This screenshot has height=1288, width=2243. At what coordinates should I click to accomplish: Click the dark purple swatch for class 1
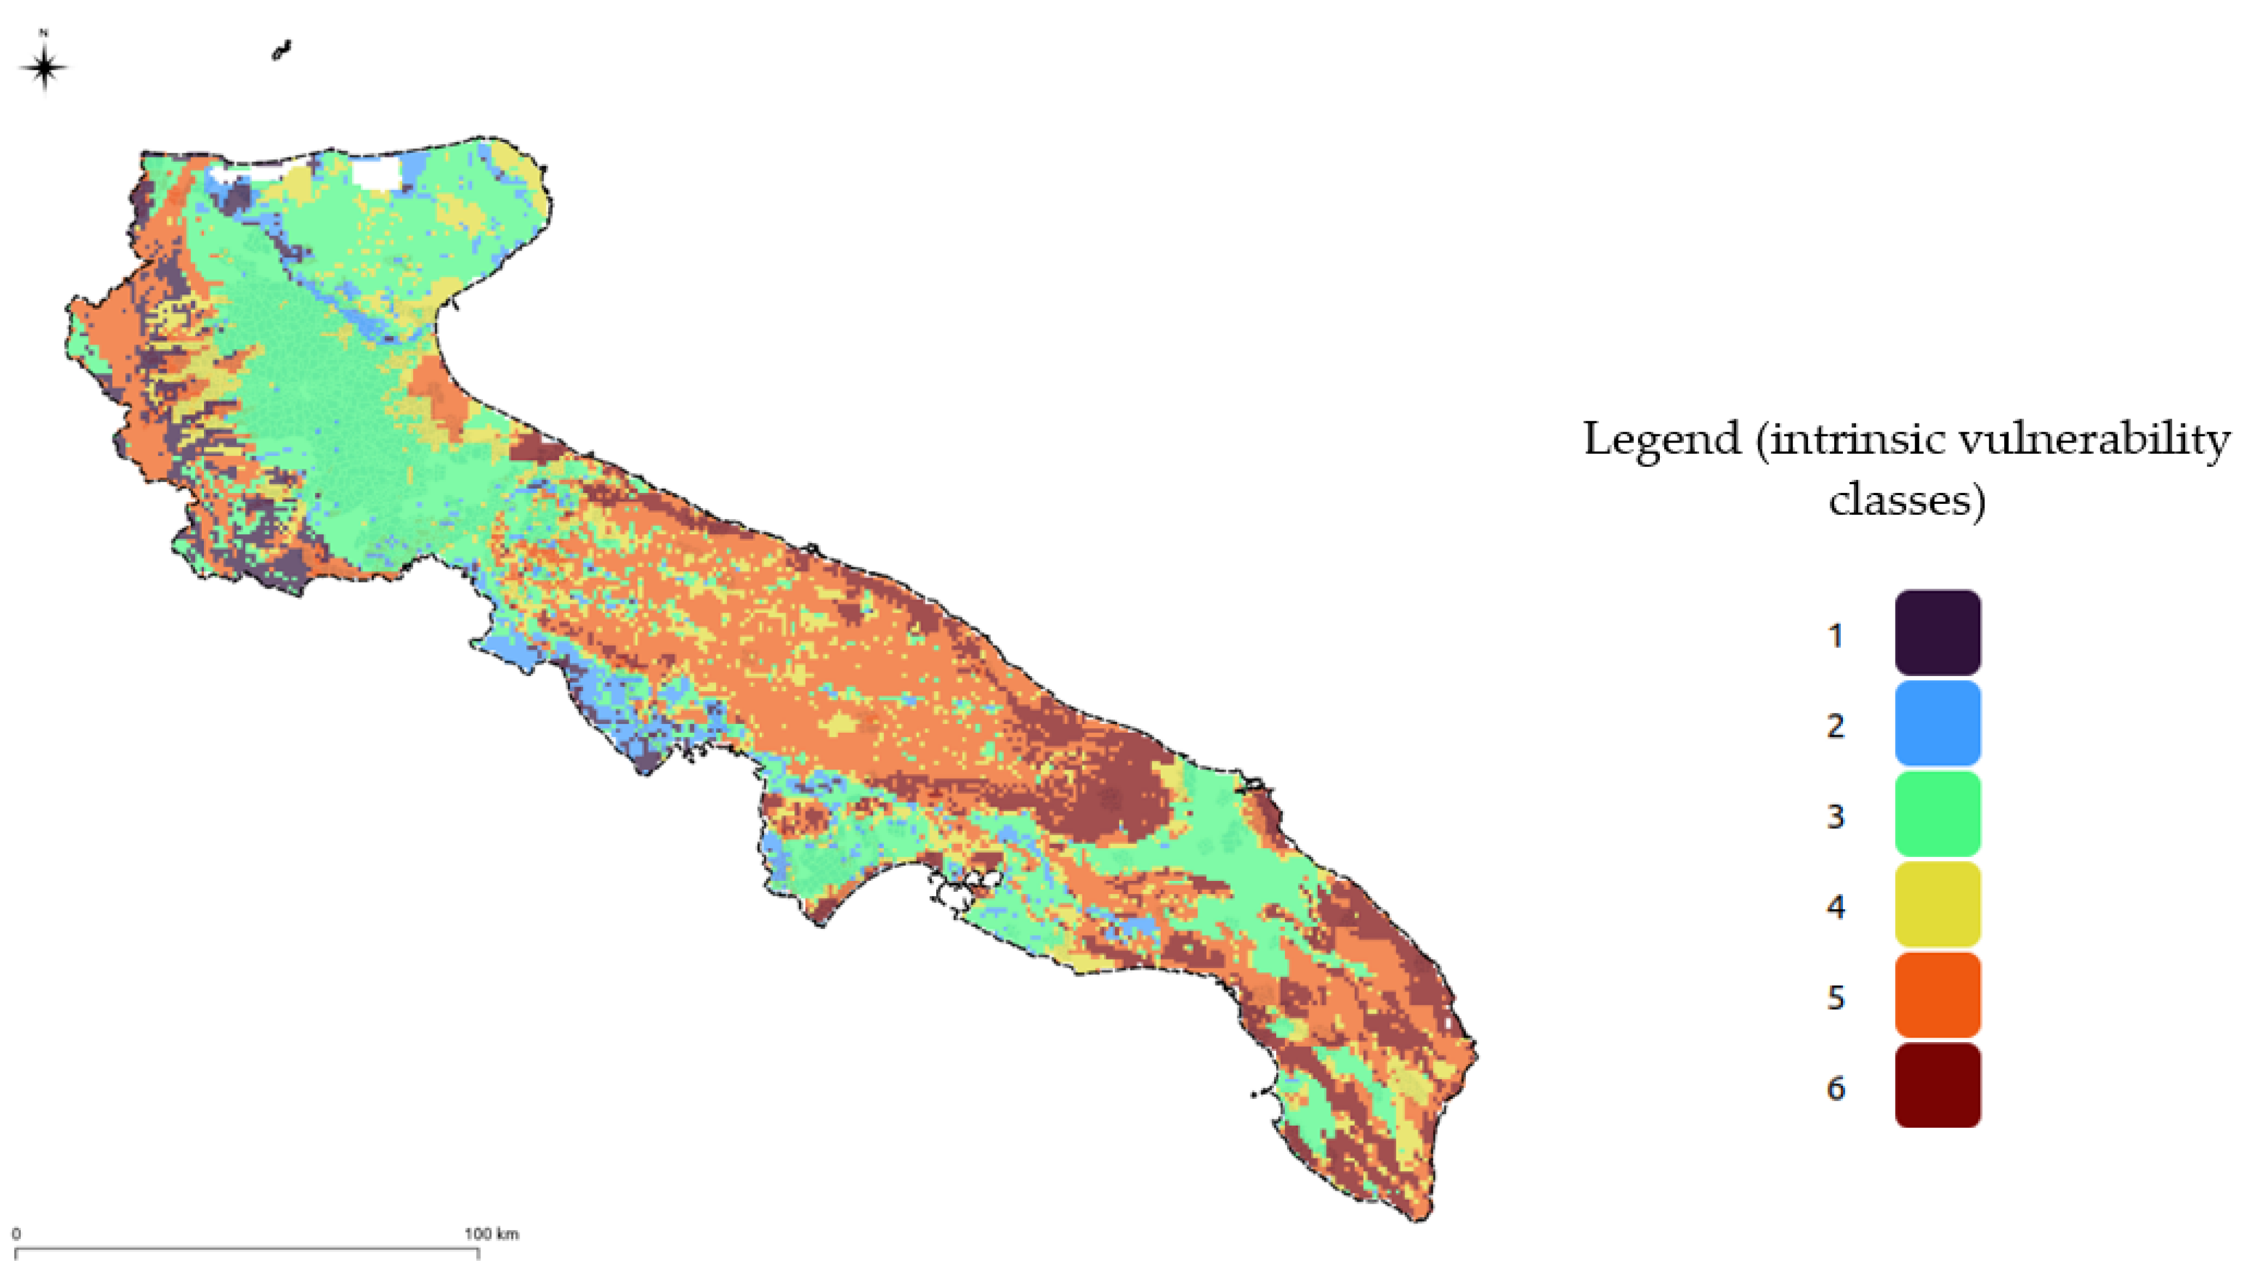click(x=1937, y=632)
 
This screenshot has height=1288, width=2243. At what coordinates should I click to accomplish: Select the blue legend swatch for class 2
click(x=1937, y=723)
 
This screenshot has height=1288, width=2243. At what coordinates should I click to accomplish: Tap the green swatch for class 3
click(x=1937, y=814)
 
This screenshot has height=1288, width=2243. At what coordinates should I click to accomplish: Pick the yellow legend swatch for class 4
click(x=1937, y=904)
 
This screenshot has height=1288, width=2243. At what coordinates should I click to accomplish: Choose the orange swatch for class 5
click(x=1937, y=995)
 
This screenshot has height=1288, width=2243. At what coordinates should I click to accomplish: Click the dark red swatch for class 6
click(x=1937, y=1085)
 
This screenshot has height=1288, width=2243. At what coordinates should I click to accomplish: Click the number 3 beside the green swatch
click(x=1835, y=816)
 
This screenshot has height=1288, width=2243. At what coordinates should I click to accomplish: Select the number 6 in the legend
click(x=1835, y=1088)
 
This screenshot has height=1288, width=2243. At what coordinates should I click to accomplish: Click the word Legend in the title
click(x=1661, y=440)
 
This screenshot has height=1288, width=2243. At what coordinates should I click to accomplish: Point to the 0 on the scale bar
click(x=16, y=1234)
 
